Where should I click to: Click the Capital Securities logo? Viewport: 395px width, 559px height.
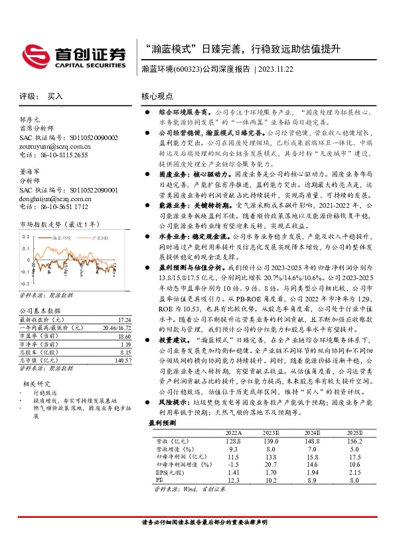[x=74, y=54]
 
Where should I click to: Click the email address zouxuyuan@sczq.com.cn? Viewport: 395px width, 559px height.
[x=54, y=146]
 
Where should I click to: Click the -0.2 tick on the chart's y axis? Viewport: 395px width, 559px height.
[x=25, y=272]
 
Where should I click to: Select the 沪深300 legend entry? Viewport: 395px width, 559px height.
[x=97, y=236]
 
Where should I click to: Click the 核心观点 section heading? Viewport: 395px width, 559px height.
[x=157, y=96]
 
